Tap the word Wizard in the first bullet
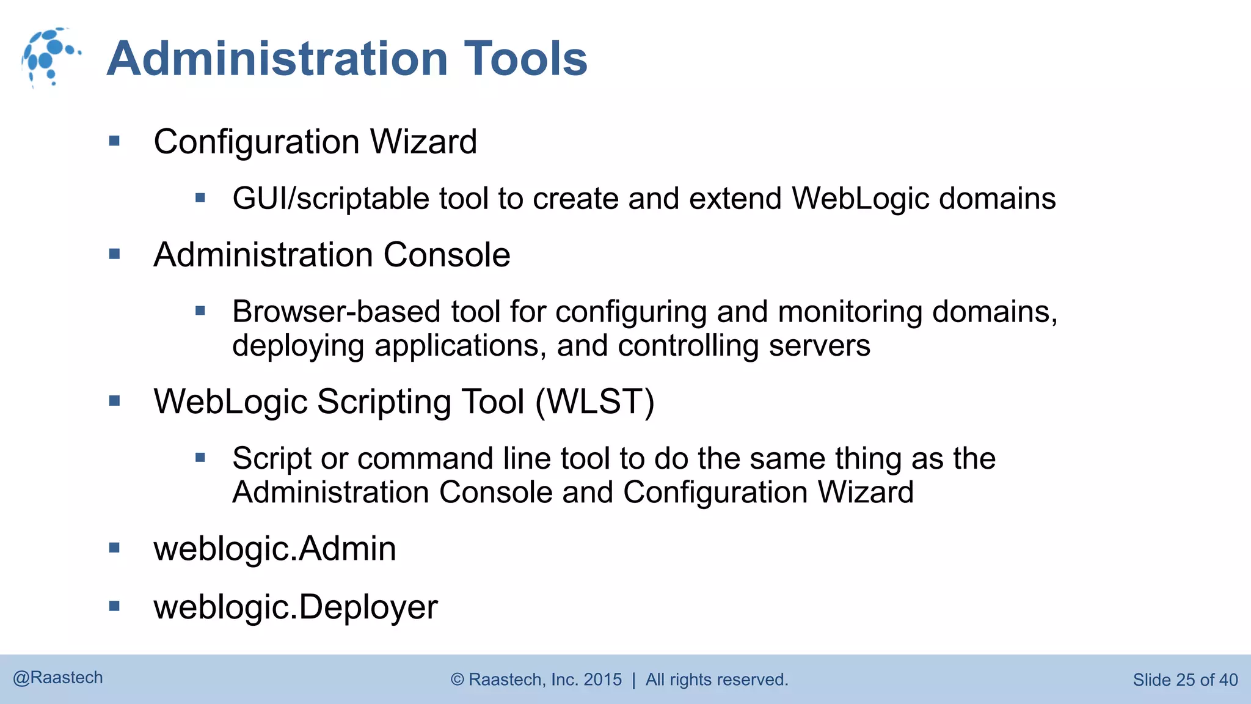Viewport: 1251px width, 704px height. pyautogui.click(x=423, y=142)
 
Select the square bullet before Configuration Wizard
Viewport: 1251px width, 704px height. pyautogui.click(x=114, y=141)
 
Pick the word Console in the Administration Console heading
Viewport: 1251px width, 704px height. pyautogui.click(x=447, y=255)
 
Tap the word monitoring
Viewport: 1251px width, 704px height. pyautogui.click(x=850, y=312)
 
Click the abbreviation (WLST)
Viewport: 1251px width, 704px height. pyautogui.click(x=595, y=402)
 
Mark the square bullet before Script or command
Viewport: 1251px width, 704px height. pyautogui.click(x=200, y=457)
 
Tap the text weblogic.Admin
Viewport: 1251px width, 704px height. pyautogui.click(x=275, y=549)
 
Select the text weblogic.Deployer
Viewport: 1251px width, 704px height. pyautogui.click(x=296, y=607)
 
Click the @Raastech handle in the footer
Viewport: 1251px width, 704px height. pyautogui.click(x=58, y=678)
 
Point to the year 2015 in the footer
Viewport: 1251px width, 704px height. pyautogui.click(x=602, y=680)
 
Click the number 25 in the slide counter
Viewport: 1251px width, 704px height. pyautogui.click(x=1185, y=680)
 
